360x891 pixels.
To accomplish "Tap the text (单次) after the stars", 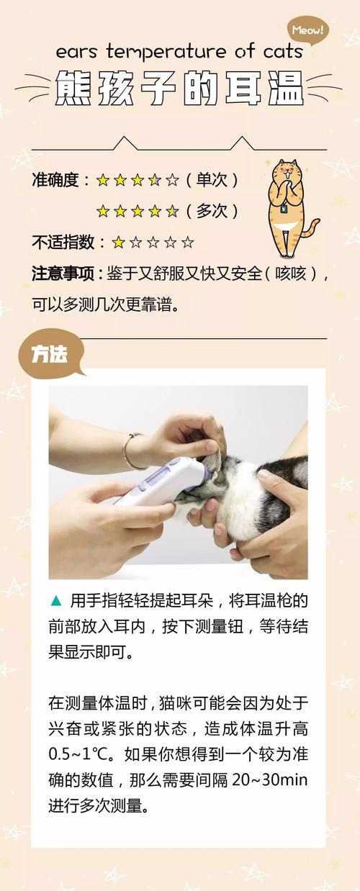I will (212, 180).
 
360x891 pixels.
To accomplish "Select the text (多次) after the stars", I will (212, 211).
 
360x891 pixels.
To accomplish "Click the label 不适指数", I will (63, 243).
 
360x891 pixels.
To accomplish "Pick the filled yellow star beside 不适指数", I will (118, 243).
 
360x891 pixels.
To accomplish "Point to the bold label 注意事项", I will (63, 274).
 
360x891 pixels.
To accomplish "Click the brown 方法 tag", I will (51, 355).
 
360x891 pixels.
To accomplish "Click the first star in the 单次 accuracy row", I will (103, 180).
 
